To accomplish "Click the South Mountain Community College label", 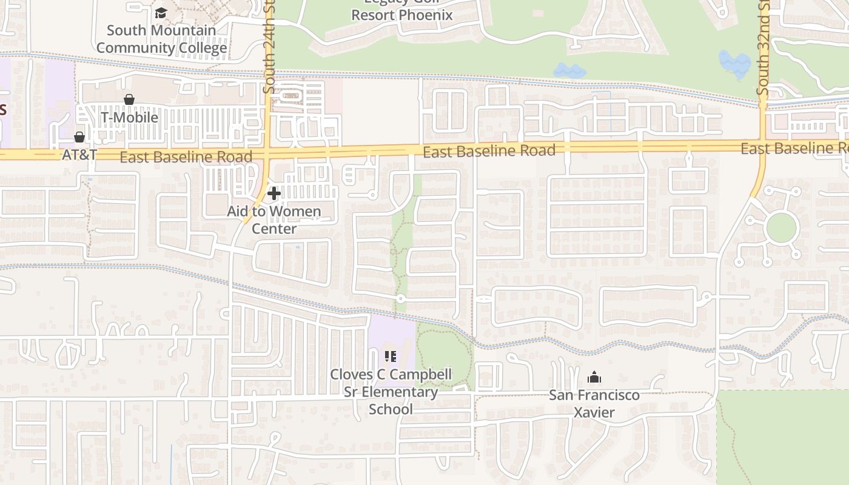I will [162, 39].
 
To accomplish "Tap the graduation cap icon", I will [161, 13].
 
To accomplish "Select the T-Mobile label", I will [129, 117].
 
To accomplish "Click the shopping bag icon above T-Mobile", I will [129, 99].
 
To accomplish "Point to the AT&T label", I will [79, 155].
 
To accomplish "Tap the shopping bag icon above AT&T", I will [79, 137].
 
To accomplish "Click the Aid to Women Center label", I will [274, 220].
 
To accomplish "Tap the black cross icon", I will [274, 193].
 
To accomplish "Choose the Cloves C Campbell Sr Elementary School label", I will [391, 392].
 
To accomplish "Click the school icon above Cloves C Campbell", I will [391, 356].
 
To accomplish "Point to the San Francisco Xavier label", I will [594, 404].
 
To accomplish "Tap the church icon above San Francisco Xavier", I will [594, 378].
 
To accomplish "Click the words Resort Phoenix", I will [402, 15].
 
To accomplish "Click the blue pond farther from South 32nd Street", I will [569, 70].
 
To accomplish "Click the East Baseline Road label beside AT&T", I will [186, 158].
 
